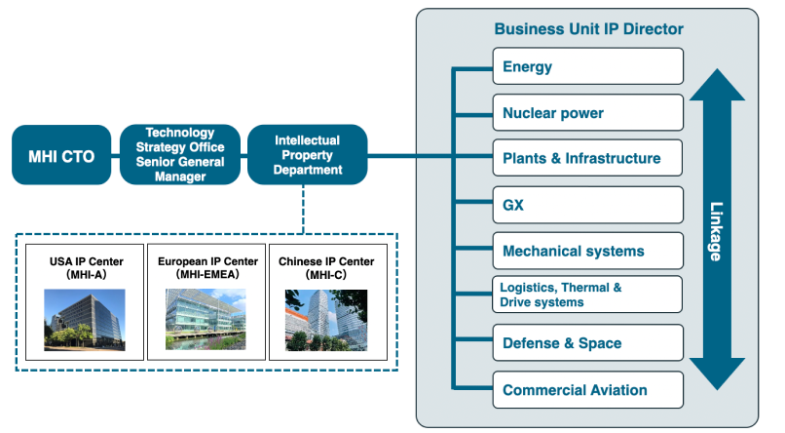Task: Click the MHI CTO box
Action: [61, 155]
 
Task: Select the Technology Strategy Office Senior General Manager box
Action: [180, 154]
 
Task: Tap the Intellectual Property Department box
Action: [308, 155]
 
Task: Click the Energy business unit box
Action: [587, 66]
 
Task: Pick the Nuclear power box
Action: [587, 113]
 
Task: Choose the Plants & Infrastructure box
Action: [587, 158]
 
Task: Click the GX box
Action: [587, 205]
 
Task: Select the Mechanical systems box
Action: [587, 251]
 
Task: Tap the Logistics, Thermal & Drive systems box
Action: [587, 295]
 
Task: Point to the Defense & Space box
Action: [587, 343]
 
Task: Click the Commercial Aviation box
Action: [587, 390]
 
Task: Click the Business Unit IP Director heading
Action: [588, 29]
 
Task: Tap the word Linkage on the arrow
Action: [717, 231]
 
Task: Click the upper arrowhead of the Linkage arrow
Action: [718, 85]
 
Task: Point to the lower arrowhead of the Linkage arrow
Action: [718, 374]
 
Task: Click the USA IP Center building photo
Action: [85, 320]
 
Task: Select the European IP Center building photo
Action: [206, 319]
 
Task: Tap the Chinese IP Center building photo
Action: [326, 320]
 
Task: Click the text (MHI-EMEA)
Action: [207, 274]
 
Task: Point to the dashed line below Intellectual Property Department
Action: [304, 209]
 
